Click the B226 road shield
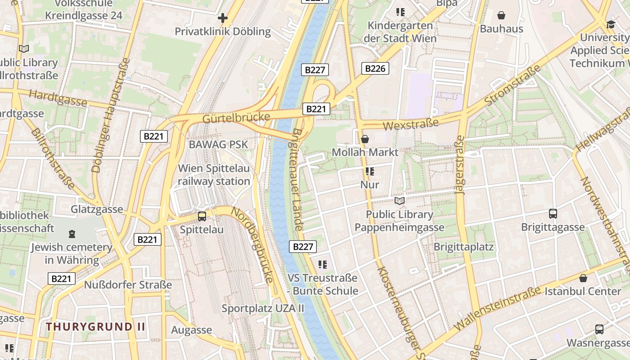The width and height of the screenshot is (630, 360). (375, 68)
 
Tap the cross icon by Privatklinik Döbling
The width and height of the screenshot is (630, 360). (222, 18)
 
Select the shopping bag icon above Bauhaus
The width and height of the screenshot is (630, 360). (501, 15)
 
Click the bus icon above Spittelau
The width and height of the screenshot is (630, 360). (202, 216)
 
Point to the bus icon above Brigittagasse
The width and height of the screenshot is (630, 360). (553, 214)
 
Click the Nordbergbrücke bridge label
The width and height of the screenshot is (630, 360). (252, 245)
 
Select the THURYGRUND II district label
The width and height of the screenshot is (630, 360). (96, 327)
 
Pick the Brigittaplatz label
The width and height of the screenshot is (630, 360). (463, 247)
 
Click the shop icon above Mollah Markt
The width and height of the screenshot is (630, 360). (365, 139)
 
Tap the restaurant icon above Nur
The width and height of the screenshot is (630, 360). (370, 171)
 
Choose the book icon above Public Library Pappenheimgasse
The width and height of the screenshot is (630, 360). (400, 201)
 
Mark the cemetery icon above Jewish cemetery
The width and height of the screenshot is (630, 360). (72, 234)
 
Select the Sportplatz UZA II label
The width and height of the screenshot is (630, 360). (263, 309)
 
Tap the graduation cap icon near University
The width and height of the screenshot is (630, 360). (611, 24)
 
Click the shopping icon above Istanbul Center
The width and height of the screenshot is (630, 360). (583, 278)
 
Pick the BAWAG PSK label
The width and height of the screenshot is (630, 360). (218, 144)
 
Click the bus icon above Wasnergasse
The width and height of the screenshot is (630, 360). (599, 329)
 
